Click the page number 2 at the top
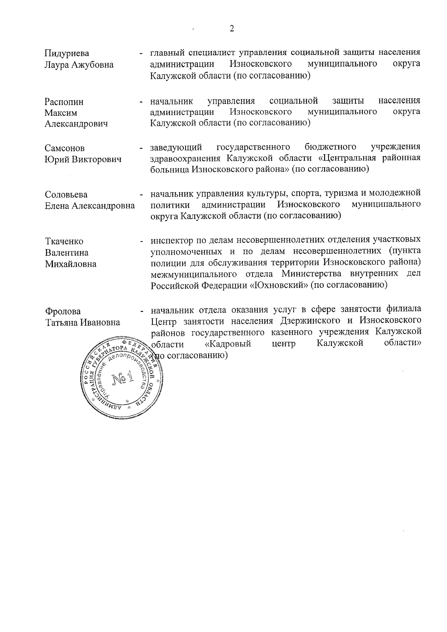pyautogui.click(x=232, y=29)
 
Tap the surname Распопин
pyautogui.click(x=64, y=102)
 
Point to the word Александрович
pyautogui.click(x=76, y=124)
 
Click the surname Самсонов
pyautogui.click(x=64, y=148)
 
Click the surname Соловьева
pyautogui.click(x=66, y=195)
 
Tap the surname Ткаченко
pyautogui.click(x=64, y=241)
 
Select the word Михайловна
pyautogui.click(x=70, y=264)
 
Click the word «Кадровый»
pyautogui.click(x=228, y=343)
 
